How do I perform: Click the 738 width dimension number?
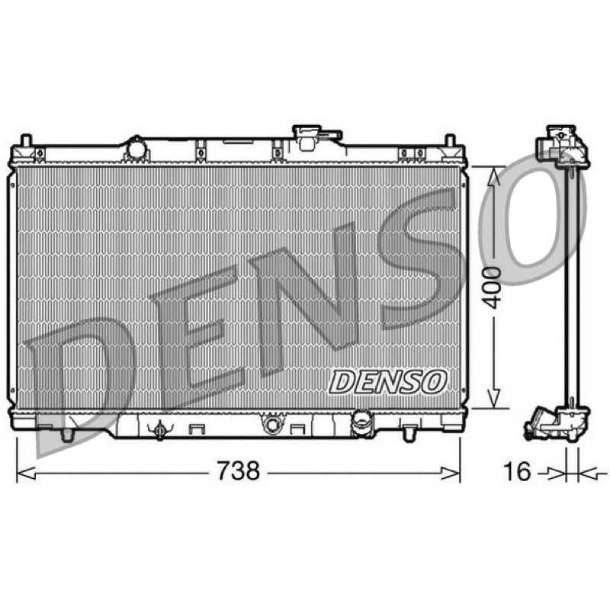click(x=238, y=470)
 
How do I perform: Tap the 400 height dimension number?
click(x=494, y=287)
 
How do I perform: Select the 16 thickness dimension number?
click(x=517, y=471)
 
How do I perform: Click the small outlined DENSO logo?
click(x=387, y=381)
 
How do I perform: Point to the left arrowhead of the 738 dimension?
click(x=27, y=473)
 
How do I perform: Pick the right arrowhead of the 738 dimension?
click(x=450, y=474)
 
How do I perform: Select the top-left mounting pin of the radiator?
click(x=26, y=140)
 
